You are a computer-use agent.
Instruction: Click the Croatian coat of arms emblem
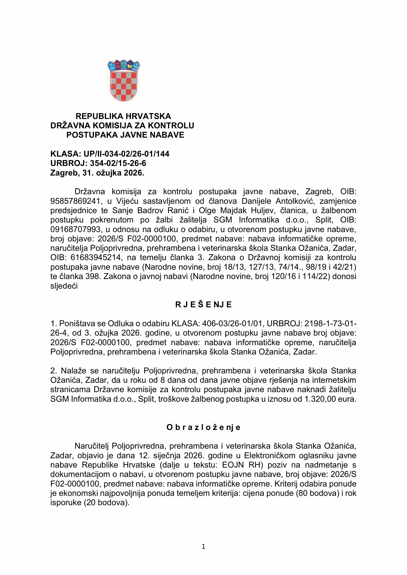[124, 80]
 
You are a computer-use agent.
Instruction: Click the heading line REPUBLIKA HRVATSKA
[123, 116]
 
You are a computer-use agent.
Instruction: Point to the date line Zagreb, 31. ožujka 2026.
[97, 173]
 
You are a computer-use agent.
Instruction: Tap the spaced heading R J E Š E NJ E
[203, 305]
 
